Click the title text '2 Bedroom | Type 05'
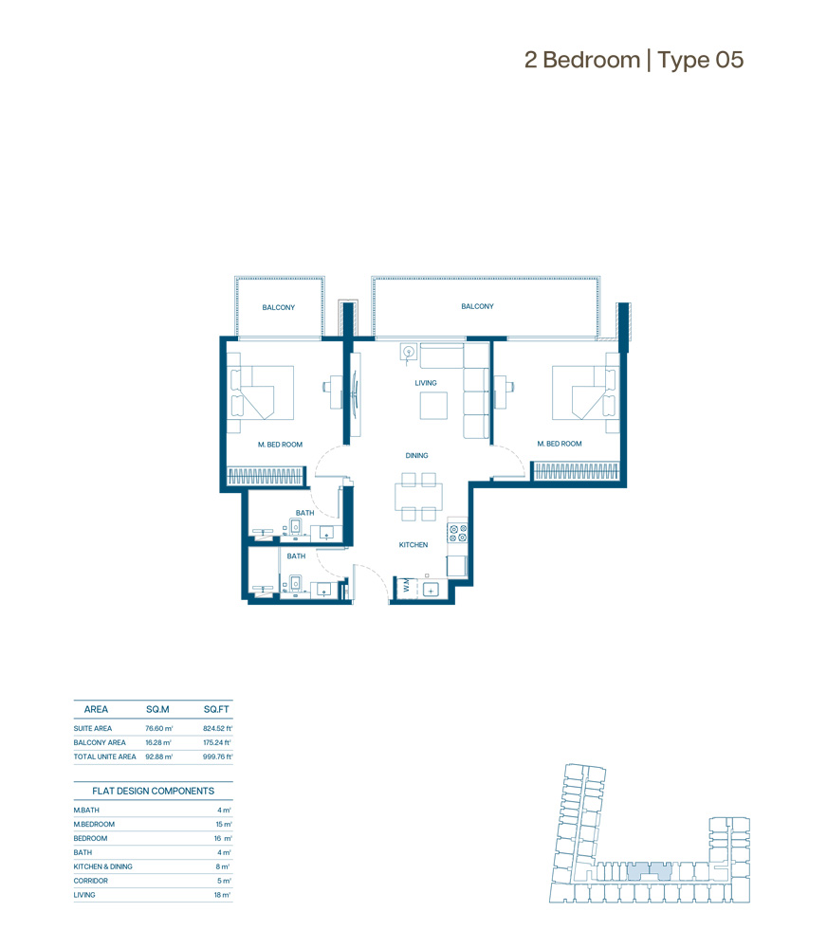634,60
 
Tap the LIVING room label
426,383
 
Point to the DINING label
417,455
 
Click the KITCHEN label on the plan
413,545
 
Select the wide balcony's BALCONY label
477,306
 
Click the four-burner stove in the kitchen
457,533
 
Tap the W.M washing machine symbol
406,586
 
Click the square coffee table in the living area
433,406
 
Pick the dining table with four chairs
418,497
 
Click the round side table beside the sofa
410,352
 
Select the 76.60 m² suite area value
159,728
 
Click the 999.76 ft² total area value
218,757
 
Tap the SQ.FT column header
216,709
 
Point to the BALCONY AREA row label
100,742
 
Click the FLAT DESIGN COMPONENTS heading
153,791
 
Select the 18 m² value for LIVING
223,895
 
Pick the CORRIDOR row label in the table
91,881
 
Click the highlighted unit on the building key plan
649,871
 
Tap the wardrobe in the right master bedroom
577,471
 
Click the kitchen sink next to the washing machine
431,590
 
